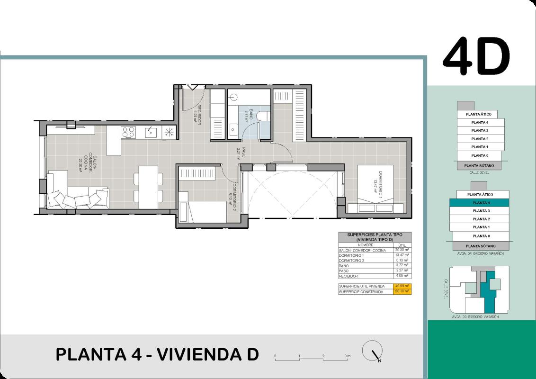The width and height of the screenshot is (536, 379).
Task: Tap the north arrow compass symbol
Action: [372, 352]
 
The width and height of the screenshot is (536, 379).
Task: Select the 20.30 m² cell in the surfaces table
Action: [402, 250]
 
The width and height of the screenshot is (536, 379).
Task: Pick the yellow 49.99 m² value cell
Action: [402, 286]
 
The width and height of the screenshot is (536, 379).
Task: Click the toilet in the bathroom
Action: [265, 116]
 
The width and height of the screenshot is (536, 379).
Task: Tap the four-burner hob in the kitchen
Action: [129, 132]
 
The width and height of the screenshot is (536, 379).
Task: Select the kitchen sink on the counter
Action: [151, 132]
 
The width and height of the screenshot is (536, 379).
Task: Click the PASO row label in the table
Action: [344, 271]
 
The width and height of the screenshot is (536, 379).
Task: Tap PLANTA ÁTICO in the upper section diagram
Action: [478, 114]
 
